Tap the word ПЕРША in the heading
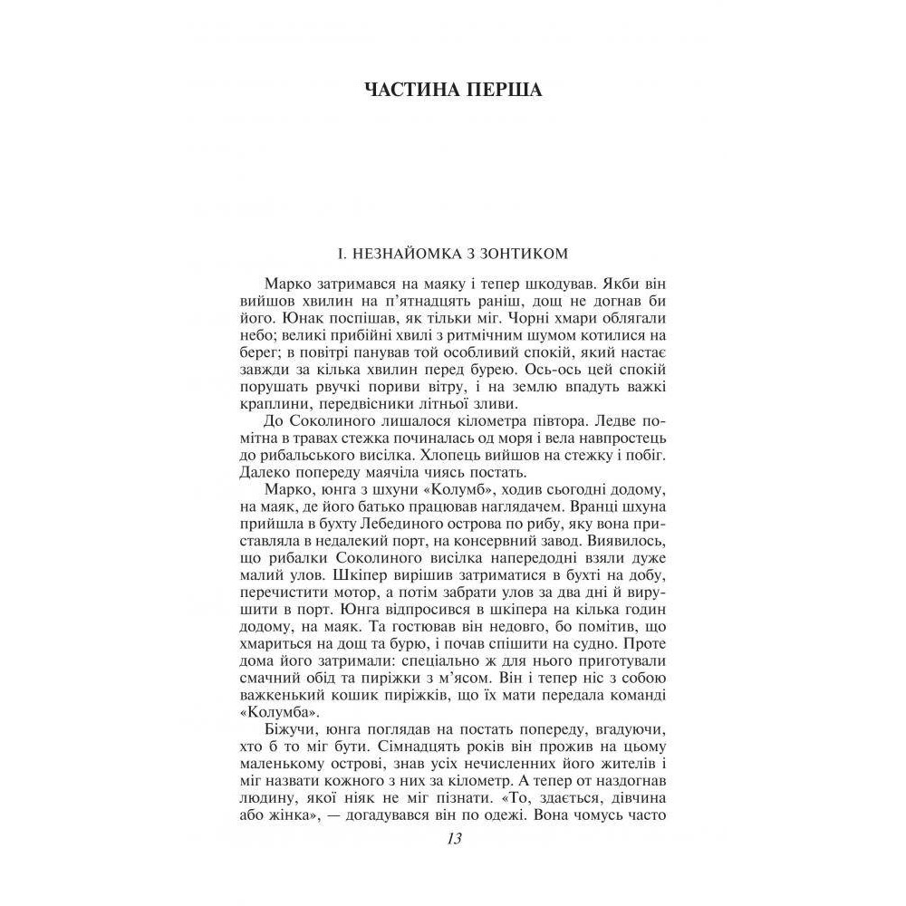click(499, 91)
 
